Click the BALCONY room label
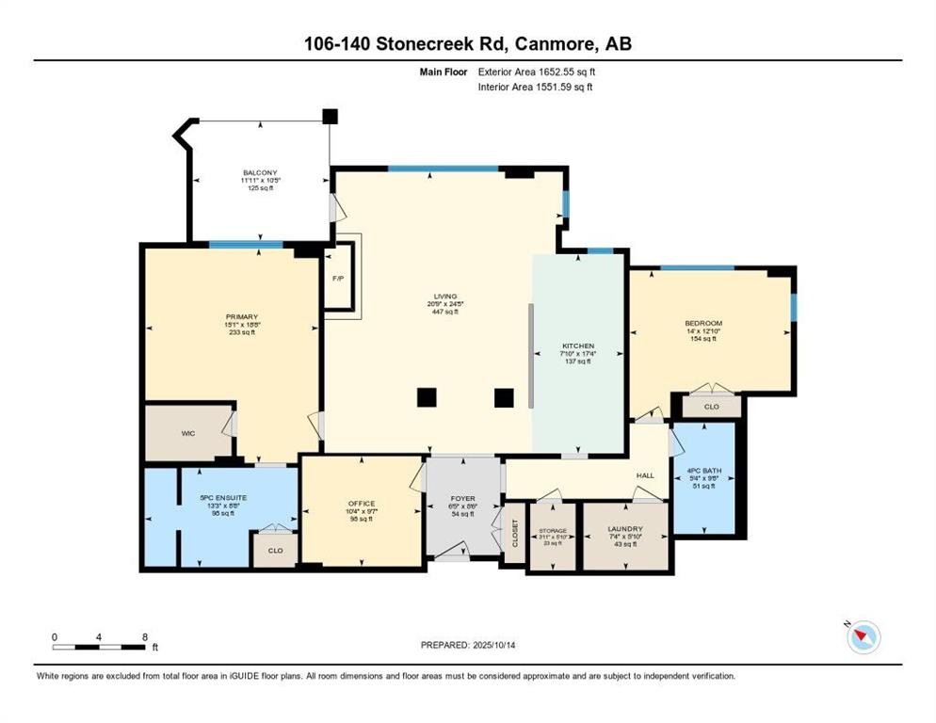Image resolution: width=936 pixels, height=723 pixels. tap(259, 173)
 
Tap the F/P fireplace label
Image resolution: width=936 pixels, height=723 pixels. tap(337, 279)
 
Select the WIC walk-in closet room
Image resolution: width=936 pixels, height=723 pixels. tap(187, 434)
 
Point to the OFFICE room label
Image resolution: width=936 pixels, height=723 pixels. tap(362, 504)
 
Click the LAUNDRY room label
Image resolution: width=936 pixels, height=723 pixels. tap(625, 529)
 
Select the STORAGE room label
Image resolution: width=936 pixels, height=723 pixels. tap(553, 531)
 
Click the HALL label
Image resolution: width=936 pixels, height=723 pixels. tap(645, 475)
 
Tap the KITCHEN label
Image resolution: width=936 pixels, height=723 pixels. tap(577, 346)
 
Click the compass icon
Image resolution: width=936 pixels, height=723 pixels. tap(863, 637)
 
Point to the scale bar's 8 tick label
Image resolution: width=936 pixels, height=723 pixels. tap(144, 636)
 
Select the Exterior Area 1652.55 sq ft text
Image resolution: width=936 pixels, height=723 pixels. tap(537, 71)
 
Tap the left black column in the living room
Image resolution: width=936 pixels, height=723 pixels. tap(427, 397)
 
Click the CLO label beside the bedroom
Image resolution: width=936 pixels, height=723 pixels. tap(712, 408)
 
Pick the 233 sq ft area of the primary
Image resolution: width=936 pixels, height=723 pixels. tap(242, 332)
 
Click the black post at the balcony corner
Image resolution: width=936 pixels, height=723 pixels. tap(329, 117)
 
